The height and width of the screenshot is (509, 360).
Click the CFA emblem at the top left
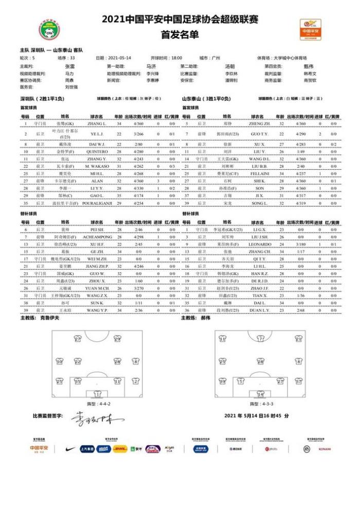click(x=50, y=29)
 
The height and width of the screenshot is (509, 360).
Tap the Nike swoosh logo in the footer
click(x=71, y=449)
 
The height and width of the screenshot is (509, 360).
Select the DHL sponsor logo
click(x=120, y=449)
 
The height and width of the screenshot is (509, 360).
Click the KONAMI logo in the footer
click(x=325, y=449)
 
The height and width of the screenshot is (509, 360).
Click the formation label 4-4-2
click(x=97, y=404)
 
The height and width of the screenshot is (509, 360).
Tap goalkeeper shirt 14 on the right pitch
click(x=260, y=393)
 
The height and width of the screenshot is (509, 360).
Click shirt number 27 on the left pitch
click(x=78, y=340)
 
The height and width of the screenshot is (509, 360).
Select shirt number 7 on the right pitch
click(x=260, y=340)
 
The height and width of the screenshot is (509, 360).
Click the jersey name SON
click(x=259, y=189)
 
